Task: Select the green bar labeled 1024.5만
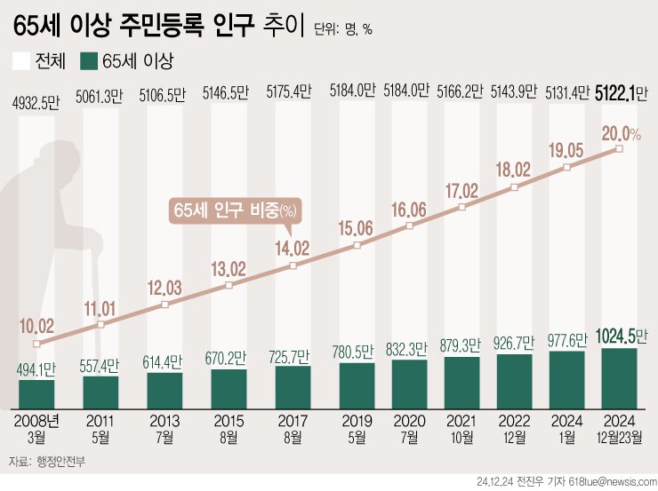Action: click(619, 374)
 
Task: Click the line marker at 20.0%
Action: click(619, 149)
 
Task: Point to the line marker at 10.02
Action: click(36, 344)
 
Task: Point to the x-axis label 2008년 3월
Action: click(36, 424)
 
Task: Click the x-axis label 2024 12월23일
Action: click(619, 424)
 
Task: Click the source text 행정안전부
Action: click(64, 462)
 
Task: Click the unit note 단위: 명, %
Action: click(343, 29)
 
